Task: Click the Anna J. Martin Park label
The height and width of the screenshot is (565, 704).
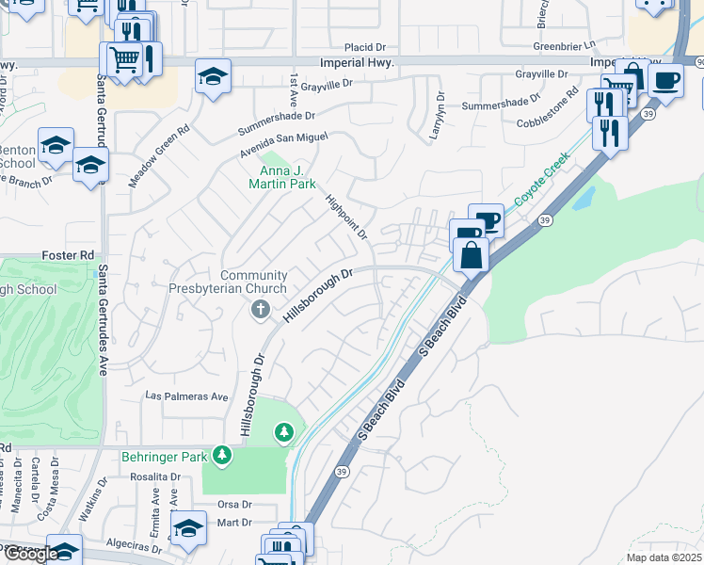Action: tap(288, 177)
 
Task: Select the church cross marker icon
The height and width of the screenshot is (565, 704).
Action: tap(261, 310)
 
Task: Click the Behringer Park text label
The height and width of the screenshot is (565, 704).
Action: tap(163, 457)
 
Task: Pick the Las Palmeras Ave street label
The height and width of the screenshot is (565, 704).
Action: tap(186, 397)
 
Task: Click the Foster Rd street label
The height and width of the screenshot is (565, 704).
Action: tap(69, 255)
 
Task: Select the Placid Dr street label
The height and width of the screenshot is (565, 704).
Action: tap(365, 46)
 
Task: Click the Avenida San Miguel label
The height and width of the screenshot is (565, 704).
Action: tap(283, 137)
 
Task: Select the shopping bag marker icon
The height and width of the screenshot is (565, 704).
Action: tap(471, 254)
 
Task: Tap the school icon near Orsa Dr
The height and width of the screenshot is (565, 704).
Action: tap(188, 528)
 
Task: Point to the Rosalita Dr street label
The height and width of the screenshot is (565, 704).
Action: tap(156, 476)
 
